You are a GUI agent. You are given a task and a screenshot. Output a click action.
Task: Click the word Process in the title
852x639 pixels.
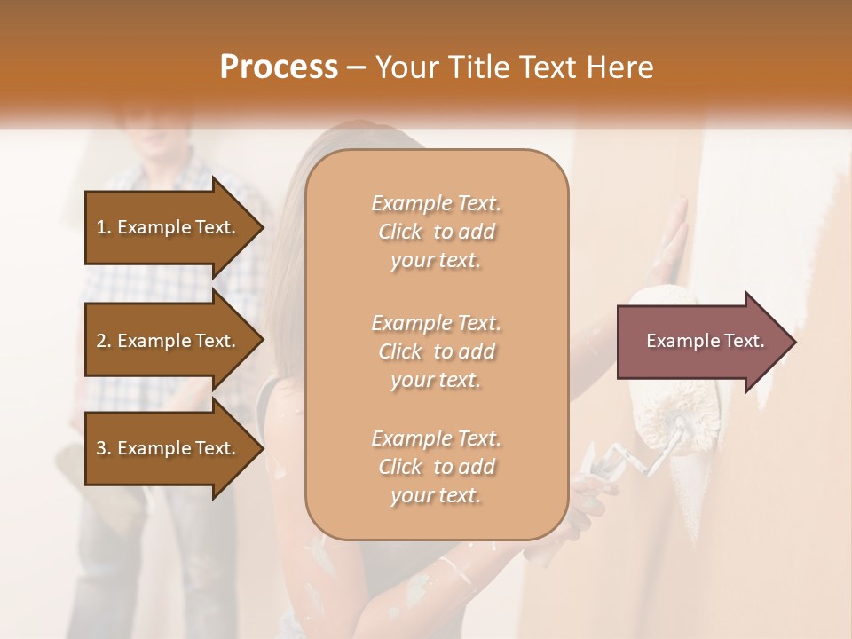pyautogui.click(x=279, y=67)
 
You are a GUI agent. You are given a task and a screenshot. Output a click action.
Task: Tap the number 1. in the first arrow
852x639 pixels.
pyautogui.click(x=104, y=227)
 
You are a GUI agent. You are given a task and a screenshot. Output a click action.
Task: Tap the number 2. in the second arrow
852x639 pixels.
pyautogui.click(x=104, y=341)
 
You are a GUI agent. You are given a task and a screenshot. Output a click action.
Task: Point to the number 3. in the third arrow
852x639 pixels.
pyautogui.click(x=104, y=448)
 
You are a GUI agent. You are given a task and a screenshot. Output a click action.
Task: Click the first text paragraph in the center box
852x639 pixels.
pyautogui.click(x=436, y=232)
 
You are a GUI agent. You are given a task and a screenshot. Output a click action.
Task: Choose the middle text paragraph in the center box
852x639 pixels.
pyautogui.click(x=436, y=351)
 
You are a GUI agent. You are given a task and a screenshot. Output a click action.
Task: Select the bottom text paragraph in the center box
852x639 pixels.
pyautogui.click(x=436, y=467)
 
